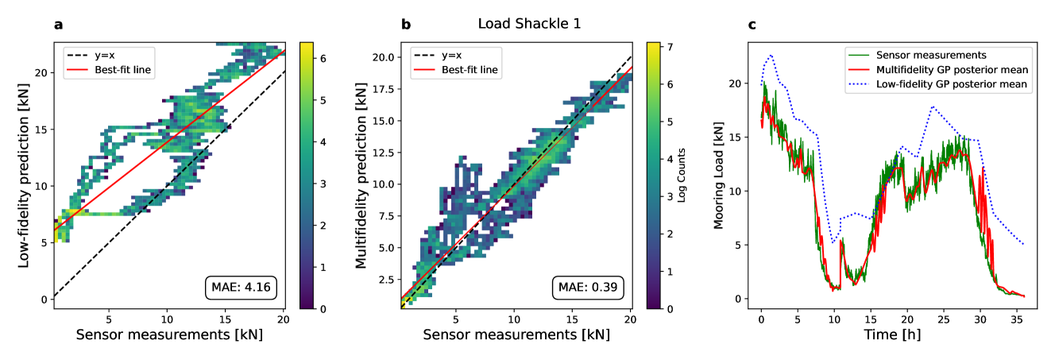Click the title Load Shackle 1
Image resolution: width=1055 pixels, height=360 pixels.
[529, 24]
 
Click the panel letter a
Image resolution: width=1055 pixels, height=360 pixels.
[58, 25]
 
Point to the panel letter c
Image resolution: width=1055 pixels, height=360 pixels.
[752, 25]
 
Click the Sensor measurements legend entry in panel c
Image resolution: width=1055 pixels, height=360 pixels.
[931, 56]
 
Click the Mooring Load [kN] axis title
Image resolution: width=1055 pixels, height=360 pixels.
[719, 176]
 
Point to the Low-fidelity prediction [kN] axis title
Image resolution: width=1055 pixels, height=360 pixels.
[23, 176]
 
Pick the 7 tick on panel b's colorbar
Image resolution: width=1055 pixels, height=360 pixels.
[670, 47]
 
